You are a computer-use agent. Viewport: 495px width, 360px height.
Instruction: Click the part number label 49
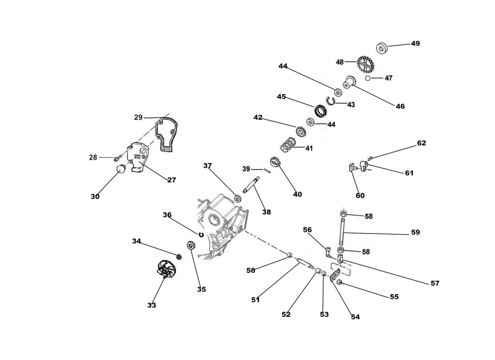415,44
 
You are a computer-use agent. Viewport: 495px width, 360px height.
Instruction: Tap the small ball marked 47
368,78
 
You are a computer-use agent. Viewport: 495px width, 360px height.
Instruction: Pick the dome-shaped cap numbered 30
121,170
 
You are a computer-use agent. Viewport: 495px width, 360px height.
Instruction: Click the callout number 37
207,166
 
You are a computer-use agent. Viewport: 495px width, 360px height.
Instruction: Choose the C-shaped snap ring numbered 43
332,100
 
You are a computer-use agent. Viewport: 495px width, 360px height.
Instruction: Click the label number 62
421,143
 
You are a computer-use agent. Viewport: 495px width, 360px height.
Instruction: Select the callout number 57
435,283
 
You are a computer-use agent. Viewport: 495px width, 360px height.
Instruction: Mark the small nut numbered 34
179,257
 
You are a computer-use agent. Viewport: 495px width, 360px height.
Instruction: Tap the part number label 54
355,317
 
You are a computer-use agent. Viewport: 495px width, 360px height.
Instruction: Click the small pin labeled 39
267,170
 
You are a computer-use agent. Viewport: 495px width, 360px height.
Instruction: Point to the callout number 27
171,180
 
